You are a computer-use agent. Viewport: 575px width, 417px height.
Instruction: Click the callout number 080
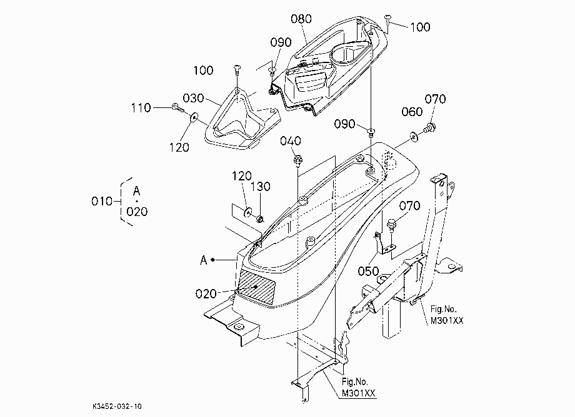(301, 19)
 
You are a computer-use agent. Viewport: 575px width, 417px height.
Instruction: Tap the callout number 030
(193, 98)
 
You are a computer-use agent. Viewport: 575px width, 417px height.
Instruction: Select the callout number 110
(141, 107)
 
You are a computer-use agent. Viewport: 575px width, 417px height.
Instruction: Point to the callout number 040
(291, 141)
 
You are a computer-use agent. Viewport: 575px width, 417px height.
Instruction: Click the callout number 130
(261, 187)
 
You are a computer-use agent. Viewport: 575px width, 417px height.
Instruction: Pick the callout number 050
(368, 272)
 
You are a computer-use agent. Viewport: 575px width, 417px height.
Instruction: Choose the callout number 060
(412, 112)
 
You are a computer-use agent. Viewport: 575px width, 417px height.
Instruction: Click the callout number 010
(102, 201)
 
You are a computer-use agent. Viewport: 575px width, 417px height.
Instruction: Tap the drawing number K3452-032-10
(117, 406)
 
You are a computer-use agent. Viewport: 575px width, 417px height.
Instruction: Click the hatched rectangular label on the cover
(256, 287)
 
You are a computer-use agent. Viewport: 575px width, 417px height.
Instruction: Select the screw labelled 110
(178, 107)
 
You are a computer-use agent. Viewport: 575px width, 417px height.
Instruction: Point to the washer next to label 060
(414, 137)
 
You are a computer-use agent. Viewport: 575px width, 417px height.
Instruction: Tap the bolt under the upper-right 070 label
(430, 129)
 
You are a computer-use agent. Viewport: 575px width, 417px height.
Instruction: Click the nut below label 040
(297, 160)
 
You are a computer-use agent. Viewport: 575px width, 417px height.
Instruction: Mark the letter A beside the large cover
(204, 260)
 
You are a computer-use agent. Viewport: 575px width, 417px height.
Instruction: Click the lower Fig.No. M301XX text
(359, 387)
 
